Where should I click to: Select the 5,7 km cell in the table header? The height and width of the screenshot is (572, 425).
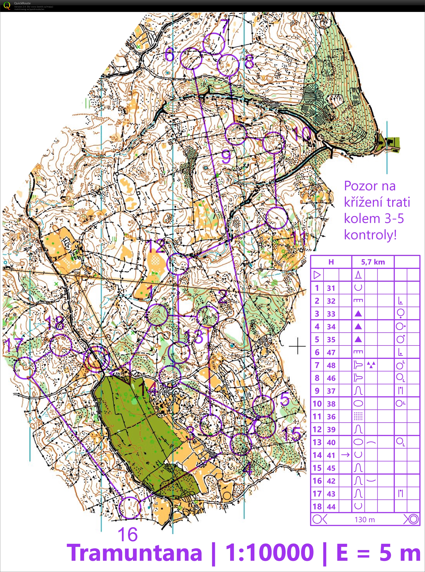coord(373,262)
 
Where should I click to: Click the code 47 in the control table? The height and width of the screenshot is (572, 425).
coord(331,352)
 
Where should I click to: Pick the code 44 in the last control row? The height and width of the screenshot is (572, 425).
coord(331,507)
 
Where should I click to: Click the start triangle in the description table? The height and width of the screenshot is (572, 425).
coord(317,275)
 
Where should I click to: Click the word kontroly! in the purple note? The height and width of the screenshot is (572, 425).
coord(370,235)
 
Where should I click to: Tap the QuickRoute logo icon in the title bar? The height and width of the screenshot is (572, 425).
coord(7,5)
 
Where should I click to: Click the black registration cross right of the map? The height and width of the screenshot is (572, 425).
coord(297,346)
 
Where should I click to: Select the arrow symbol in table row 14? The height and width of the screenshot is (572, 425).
coord(345,455)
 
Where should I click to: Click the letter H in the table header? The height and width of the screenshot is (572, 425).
coord(331,262)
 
